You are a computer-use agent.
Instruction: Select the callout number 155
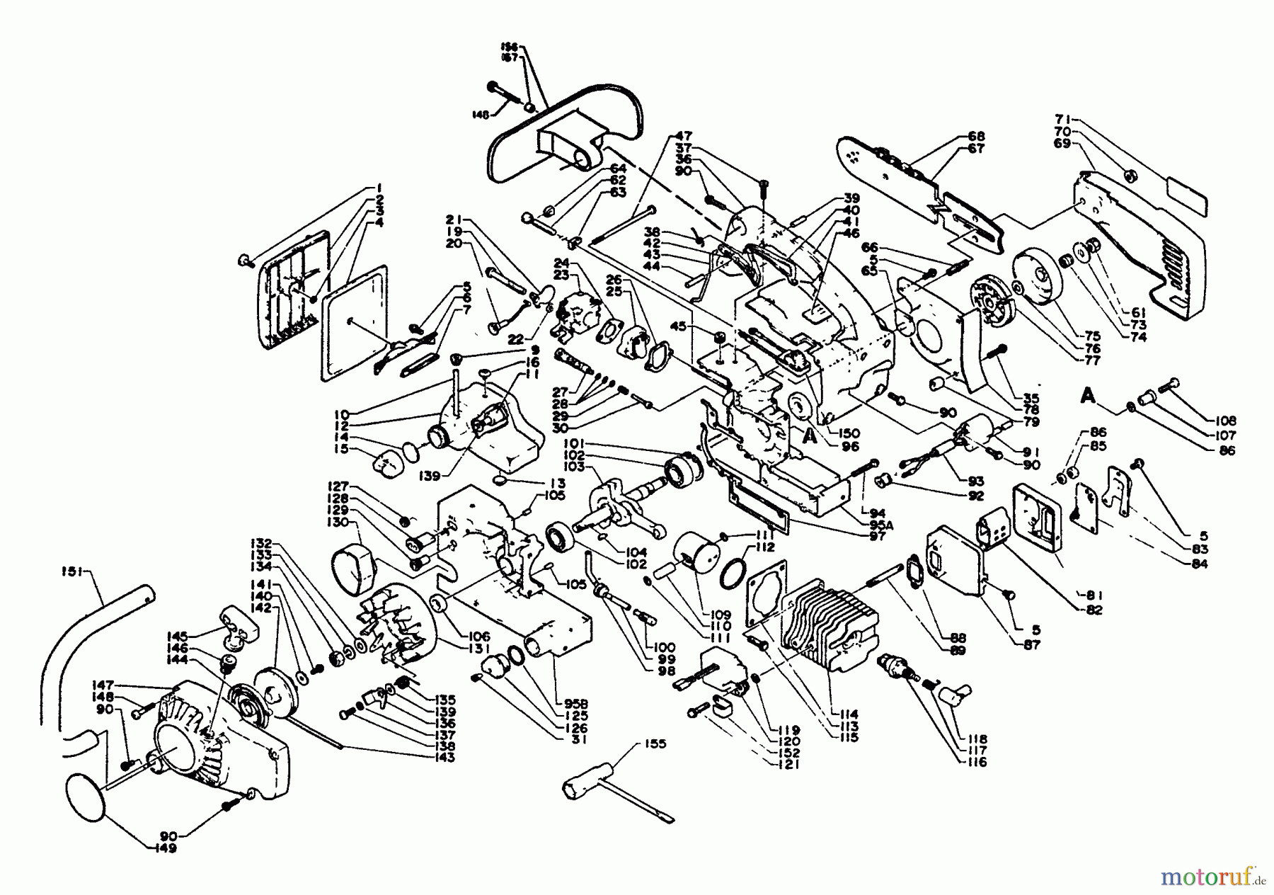pyautogui.click(x=655, y=744)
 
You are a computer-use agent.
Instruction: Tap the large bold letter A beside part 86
pyautogui.click(x=1089, y=397)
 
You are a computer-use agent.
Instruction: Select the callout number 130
pyautogui.click(x=343, y=522)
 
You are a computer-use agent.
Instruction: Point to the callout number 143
pyautogui.click(x=446, y=758)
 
